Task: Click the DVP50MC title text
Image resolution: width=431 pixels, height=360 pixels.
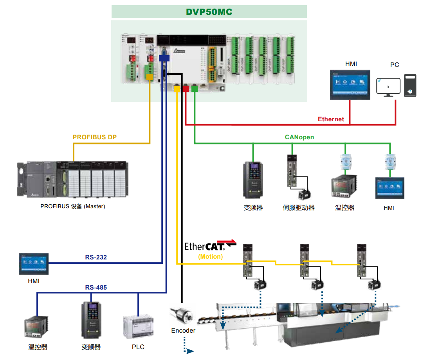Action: point(209,12)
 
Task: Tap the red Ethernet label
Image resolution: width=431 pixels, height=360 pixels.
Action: point(331,119)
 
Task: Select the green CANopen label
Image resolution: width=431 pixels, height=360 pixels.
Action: point(299,137)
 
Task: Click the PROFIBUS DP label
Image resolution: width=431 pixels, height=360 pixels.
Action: point(95,137)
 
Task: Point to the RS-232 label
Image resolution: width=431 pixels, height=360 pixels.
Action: point(96,257)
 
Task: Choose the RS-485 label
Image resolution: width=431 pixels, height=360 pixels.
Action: point(96,288)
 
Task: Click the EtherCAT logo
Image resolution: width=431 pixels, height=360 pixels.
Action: point(210,246)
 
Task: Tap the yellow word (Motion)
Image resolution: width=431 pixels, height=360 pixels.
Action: point(210,257)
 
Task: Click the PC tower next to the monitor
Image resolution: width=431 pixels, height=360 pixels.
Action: point(410,85)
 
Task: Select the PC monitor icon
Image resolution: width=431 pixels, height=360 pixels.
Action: point(388,87)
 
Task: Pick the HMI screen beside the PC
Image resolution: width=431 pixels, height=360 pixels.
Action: point(350,85)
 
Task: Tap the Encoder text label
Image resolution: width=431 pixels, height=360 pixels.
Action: point(183,331)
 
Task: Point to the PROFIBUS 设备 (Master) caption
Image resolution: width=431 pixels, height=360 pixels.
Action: point(73,206)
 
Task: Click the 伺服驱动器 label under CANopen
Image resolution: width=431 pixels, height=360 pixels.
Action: point(298,208)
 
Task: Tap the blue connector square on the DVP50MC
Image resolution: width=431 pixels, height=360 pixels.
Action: point(164,58)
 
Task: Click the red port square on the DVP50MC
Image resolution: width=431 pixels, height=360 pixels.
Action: point(186,89)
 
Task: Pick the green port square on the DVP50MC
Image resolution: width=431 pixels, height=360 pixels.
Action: point(195,89)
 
